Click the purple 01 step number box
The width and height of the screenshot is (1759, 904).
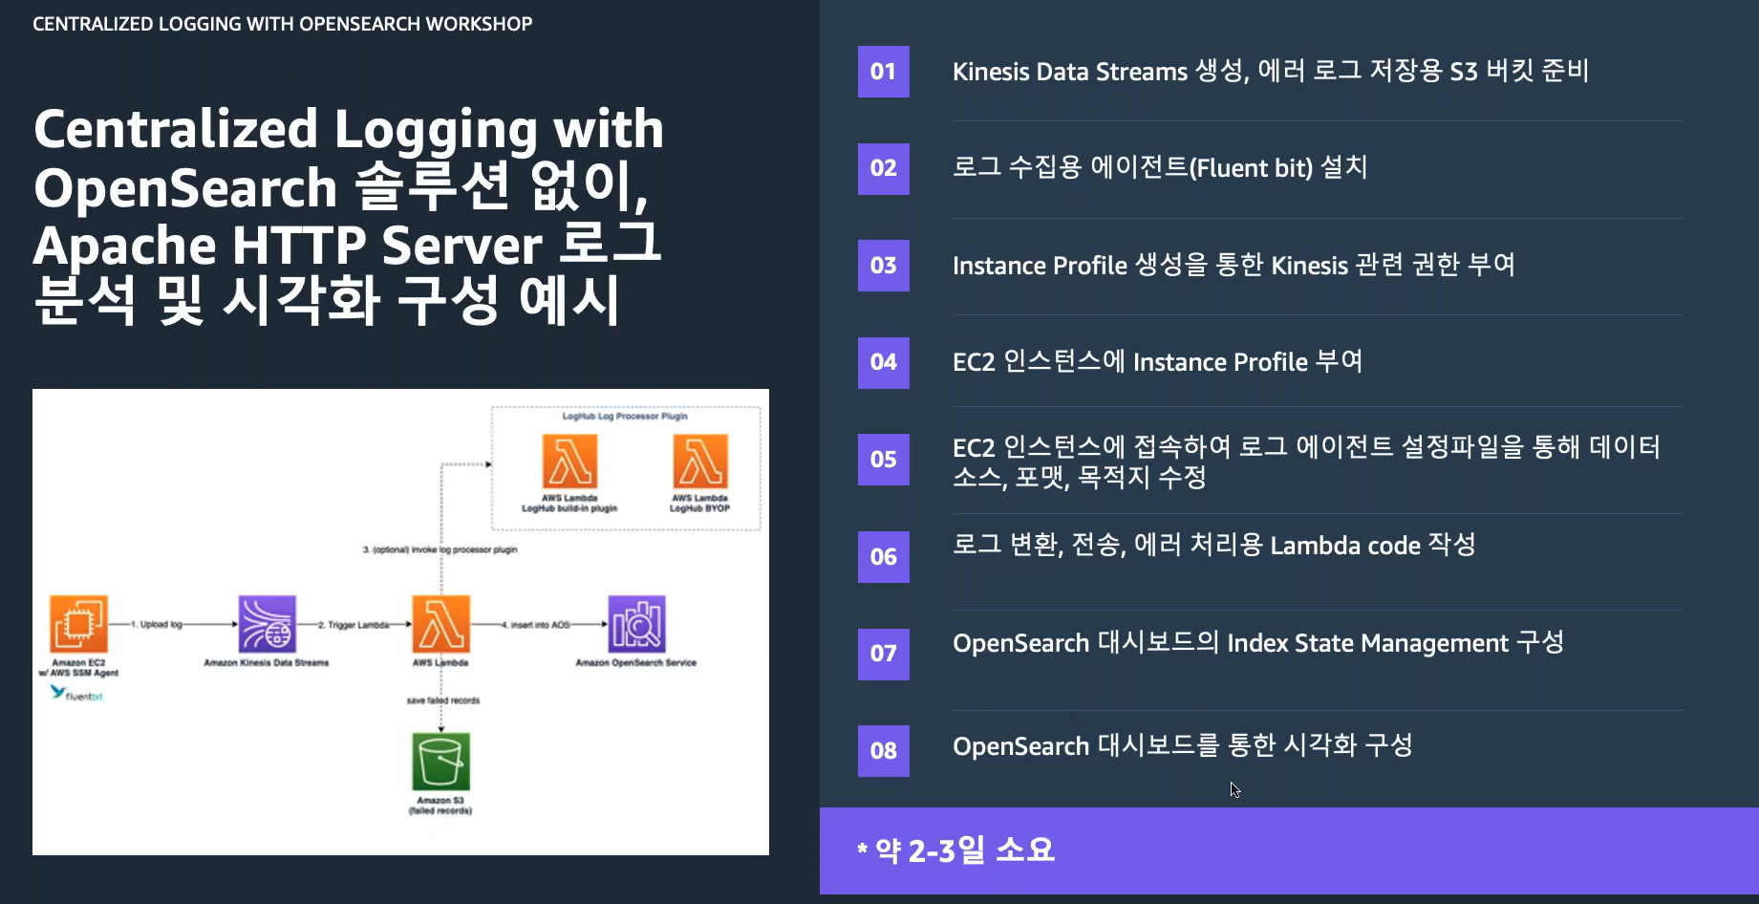coord(883,72)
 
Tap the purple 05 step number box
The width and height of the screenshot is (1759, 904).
coord(883,460)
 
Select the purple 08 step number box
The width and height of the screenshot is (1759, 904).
coord(883,750)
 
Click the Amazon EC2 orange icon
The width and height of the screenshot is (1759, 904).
coord(78,624)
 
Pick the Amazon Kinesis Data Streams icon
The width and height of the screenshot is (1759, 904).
coord(267,624)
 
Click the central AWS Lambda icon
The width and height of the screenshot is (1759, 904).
coord(440,624)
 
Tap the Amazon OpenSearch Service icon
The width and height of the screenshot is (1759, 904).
coord(636,624)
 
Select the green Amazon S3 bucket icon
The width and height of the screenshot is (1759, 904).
coord(440,762)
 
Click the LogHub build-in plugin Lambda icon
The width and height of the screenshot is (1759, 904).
coord(569,462)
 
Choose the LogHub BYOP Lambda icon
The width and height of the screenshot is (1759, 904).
coord(699,462)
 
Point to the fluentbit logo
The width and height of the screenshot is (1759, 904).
coord(76,694)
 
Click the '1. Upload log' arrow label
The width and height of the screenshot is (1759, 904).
coord(156,625)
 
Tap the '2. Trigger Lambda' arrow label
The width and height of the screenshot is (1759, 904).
coord(353,625)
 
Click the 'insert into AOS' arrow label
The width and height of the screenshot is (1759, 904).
coord(539,625)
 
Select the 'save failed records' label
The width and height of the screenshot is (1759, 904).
coord(442,700)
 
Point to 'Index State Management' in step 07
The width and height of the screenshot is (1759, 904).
coord(1367,643)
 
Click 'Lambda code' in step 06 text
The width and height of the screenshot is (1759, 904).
coord(1344,546)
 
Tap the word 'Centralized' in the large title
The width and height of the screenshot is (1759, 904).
coord(175,129)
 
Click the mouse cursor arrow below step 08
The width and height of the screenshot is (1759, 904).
coord(1234,789)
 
